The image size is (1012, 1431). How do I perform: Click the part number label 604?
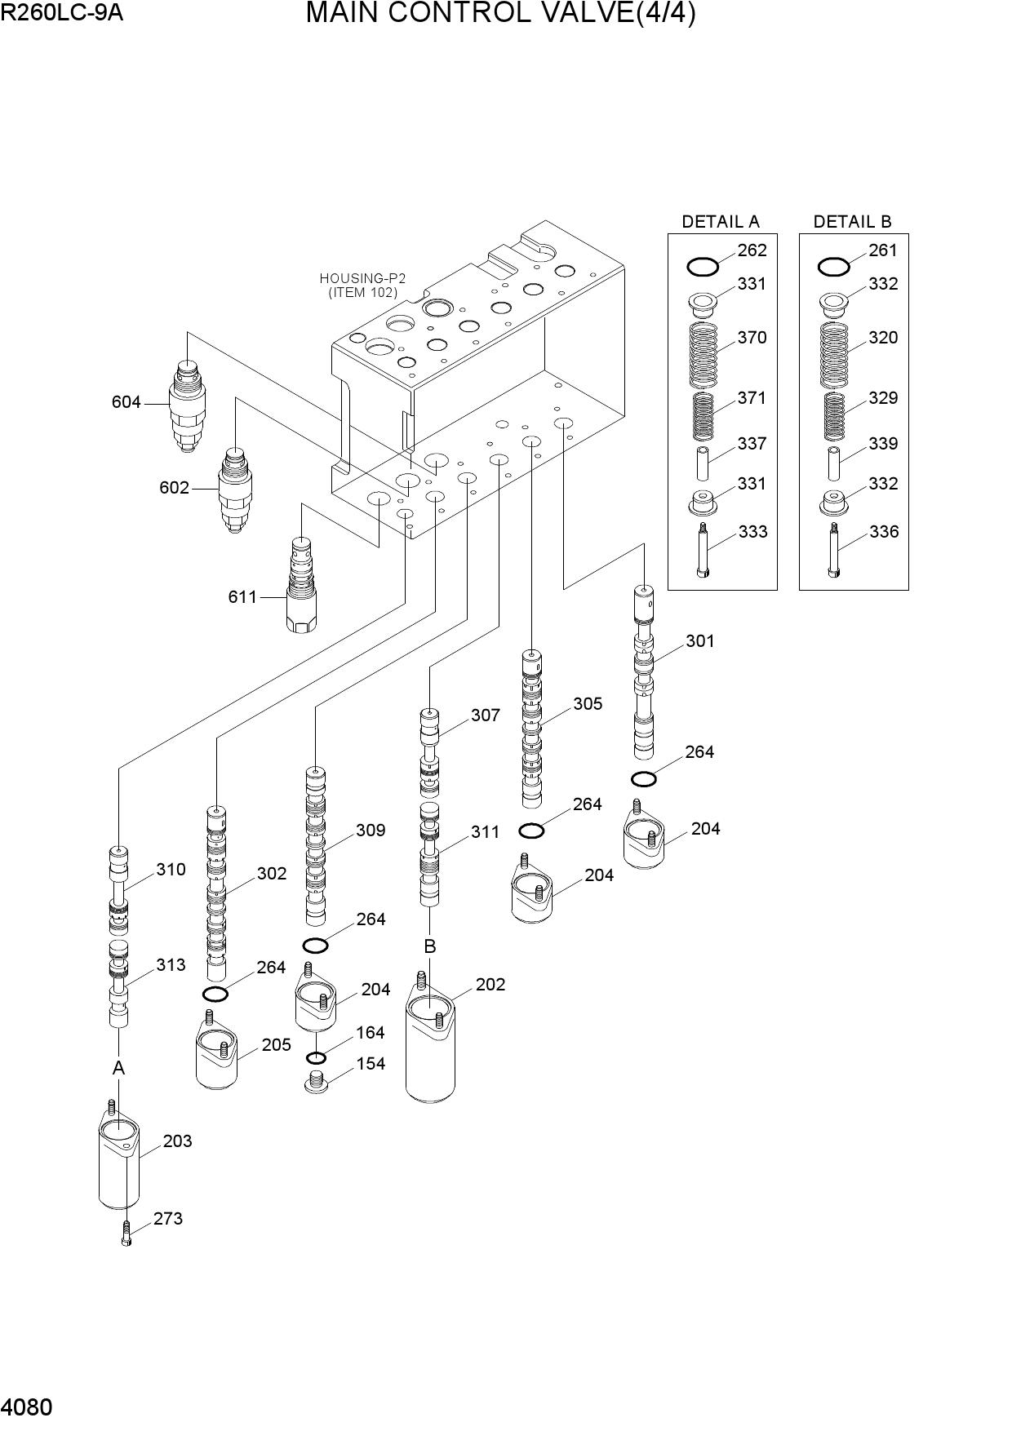[x=126, y=402]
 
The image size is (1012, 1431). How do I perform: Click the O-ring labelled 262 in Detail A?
[x=703, y=266]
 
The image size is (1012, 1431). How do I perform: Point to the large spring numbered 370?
[x=704, y=354]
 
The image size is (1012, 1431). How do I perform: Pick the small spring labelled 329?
[x=833, y=416]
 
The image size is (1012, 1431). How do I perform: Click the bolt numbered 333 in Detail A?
[x=703, y=551]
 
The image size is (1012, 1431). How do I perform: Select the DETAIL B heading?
[x=852, y=221]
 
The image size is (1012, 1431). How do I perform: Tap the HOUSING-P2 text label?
[x=362, y=278]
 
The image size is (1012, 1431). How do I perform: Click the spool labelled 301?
[x=644, y=671]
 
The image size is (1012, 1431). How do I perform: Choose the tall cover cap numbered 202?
[x=430, y=1043]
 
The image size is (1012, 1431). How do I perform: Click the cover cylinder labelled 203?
[x=118, y=1155]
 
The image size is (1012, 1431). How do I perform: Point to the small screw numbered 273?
[x=126, y=1233]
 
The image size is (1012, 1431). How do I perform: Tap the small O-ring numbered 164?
[x=316, y=1058]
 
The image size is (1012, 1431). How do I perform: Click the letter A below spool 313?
[x=118, y=1068]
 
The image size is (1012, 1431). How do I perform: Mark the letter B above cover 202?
[x=429, y=946]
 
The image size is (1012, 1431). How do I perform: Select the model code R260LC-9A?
[x=62, y=12]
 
